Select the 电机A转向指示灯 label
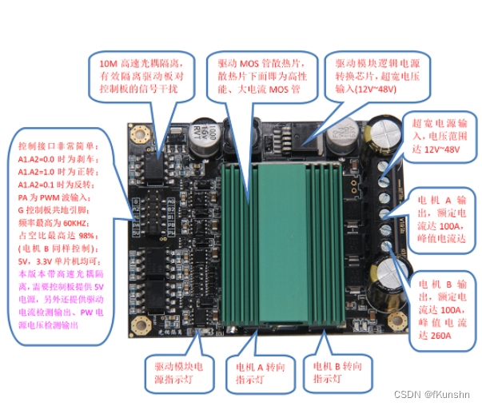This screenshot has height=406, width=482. (x=255, y=372)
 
